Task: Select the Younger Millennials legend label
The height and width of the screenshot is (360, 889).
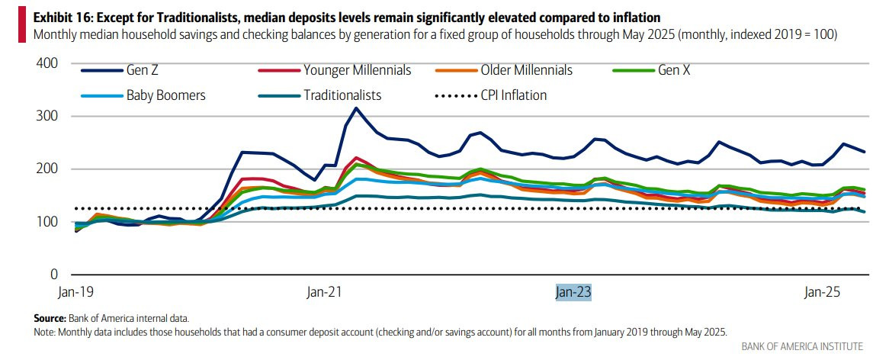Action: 357,70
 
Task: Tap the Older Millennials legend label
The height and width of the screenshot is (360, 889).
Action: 526,70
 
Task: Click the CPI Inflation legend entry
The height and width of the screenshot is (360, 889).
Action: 512,95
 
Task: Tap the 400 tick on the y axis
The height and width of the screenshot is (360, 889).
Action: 47,63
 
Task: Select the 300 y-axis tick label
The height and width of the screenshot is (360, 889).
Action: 47,116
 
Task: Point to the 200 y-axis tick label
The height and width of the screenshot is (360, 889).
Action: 47,169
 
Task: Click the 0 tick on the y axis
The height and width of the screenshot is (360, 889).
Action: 54,274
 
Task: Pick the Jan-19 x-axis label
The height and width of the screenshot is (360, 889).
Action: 75,292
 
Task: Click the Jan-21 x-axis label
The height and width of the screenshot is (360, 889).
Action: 324,292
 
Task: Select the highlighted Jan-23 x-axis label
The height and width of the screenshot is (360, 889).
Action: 573,292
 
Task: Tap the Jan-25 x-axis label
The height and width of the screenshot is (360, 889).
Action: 822,292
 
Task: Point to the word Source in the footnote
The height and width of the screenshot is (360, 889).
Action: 50,317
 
